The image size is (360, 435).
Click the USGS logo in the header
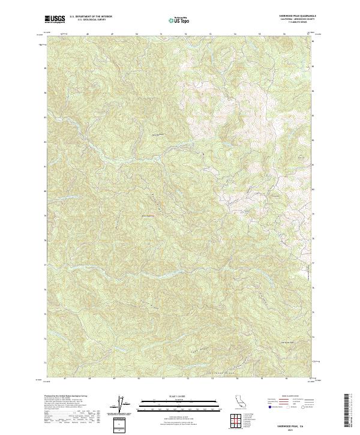click(x=55, y=19)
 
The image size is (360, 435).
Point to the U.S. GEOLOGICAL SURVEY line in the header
click(x=91, y=20)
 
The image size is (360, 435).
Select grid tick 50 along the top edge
click(x=138, y=35)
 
